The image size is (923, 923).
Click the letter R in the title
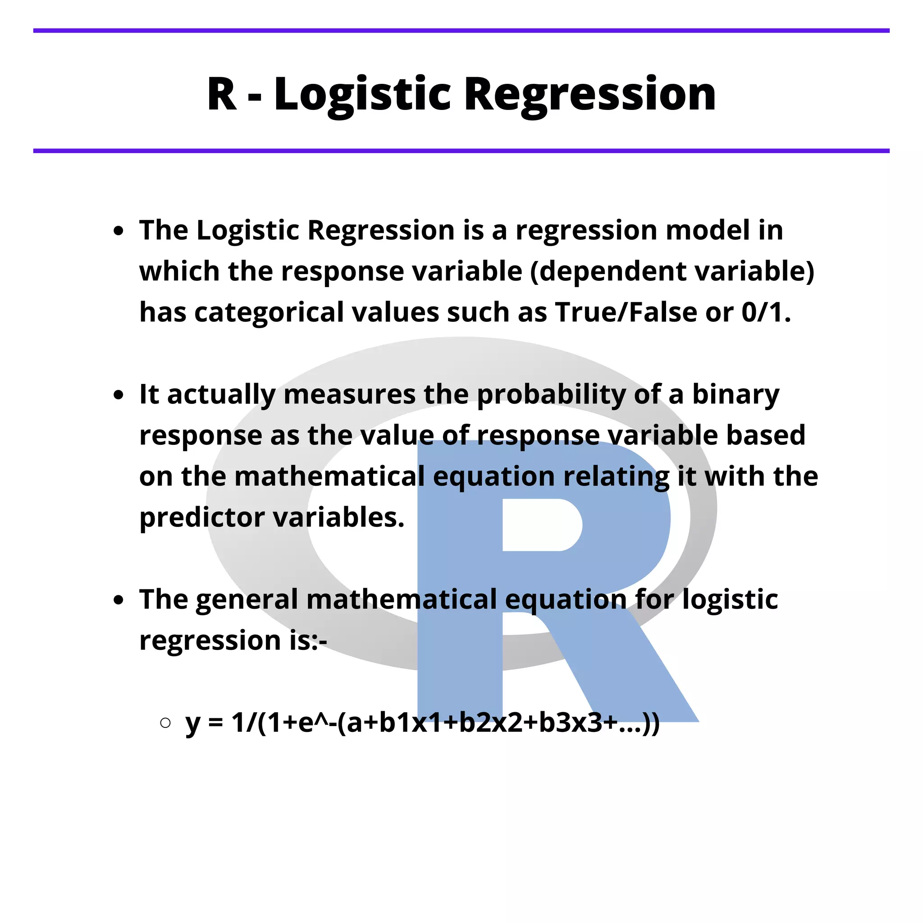pyautogui.click(x=222, y=94)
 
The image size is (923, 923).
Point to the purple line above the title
pyautogui.click(x=461, y=31)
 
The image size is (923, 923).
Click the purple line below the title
pyautogui.click(x=461, y=151)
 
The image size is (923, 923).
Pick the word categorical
pyautogui.click(x=269, y=312)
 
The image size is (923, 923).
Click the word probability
pyautogui.click(x=551, y=395)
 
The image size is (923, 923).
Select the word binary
pyautogui.click(x=736, y=395)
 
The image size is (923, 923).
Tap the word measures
pyautogui.click(x=349, y=395)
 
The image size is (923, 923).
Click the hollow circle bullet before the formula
pyautogui.click(x=165, y=722)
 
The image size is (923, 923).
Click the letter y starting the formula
pyautogui.click(x=192, y=723)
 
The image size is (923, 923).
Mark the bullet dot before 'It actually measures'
pyautogui.click(x=119, y=395)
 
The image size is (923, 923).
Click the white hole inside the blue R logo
pyautogui.click(x=540, y=525)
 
